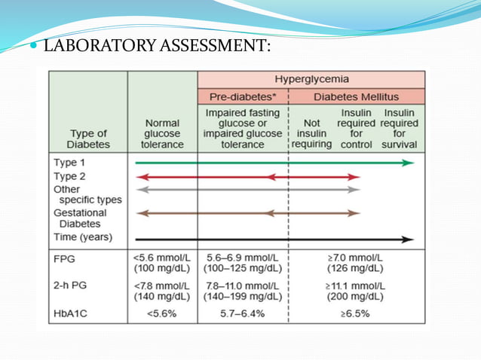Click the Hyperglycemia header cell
coord(311,78)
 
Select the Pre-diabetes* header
coord(243,96)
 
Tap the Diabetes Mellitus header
coord(357,96)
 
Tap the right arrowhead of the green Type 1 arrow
coord(409,162)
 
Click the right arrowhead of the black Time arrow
coord(409,239)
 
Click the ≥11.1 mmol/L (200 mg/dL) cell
coord(354,291)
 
